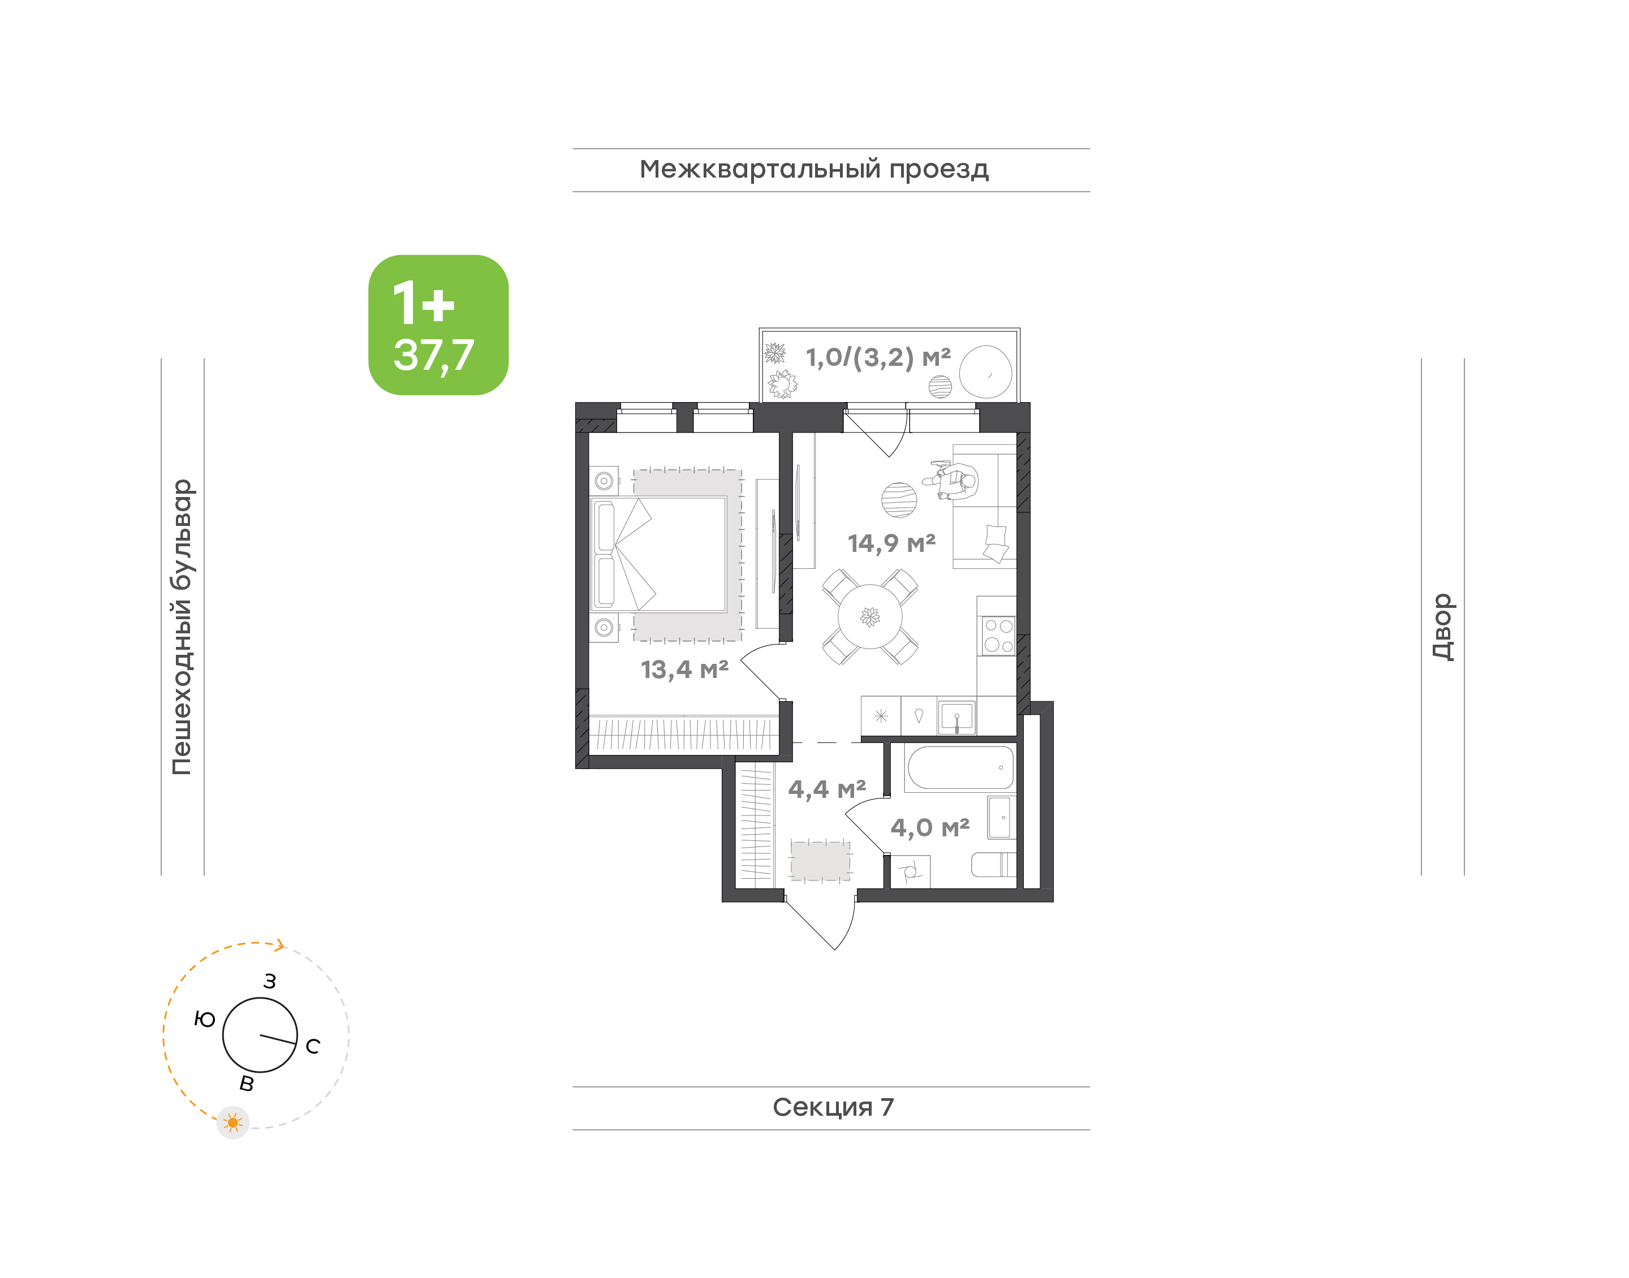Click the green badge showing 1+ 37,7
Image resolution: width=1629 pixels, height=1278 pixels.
tap(438, 325)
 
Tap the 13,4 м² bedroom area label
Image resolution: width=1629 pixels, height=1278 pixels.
tap(684, 670)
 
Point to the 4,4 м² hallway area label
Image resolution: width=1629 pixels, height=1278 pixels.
tap(827, 789)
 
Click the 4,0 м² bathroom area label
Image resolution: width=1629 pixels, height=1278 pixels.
tap(930, 827)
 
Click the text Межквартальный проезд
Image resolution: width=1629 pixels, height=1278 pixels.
tap(814, 170)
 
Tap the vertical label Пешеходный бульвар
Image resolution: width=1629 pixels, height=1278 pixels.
tap(182, 627)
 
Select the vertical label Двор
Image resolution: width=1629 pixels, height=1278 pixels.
tap(1442, 627)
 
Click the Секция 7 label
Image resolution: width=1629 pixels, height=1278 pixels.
tap(833, 1107)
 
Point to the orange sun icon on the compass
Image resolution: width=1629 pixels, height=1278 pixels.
tap(232, 1122)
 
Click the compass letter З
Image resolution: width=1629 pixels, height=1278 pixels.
tap(270, 981)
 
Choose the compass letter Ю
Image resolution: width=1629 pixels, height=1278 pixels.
tap(204, 1019)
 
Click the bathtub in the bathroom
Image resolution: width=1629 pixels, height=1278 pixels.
tap(960, 768)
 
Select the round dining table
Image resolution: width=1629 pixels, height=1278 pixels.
tap(869, 616)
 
